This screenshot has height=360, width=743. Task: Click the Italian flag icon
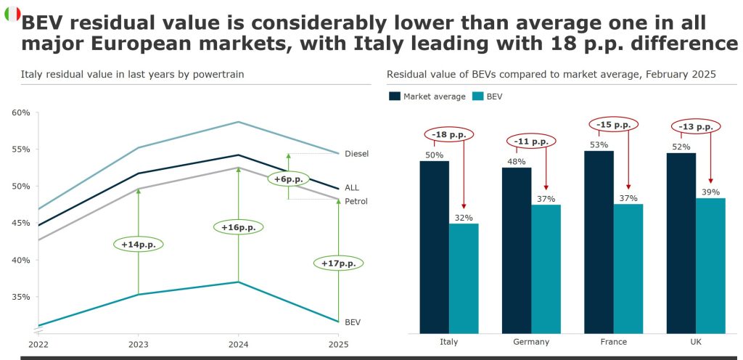coord(12,14)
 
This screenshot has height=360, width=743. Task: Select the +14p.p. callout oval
coord(138,245)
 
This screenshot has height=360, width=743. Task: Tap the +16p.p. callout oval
coord(239,227)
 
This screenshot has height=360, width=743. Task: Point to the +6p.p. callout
coord(288,179)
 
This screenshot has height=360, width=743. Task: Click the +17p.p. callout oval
coord(338,263)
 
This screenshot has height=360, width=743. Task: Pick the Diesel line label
coord(356,154)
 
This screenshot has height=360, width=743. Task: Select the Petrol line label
coord(357,200)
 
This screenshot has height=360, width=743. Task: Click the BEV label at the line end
coord(353,322)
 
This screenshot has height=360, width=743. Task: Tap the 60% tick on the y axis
coord(21,112)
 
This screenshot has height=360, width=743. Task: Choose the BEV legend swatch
coord(478,96)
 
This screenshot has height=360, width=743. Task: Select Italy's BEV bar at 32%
coord(464,278)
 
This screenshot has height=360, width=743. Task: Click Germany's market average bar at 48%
coord(517,250)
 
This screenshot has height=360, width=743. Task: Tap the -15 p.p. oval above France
coord(613,125)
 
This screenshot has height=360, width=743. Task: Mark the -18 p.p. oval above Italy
coord(449,135)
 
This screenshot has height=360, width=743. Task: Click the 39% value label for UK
coord(710,192)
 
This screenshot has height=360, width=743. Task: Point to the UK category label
coord(696,342)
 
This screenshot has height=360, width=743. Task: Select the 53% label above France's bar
coord(599,145)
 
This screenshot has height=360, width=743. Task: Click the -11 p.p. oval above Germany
coord(531,142)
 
